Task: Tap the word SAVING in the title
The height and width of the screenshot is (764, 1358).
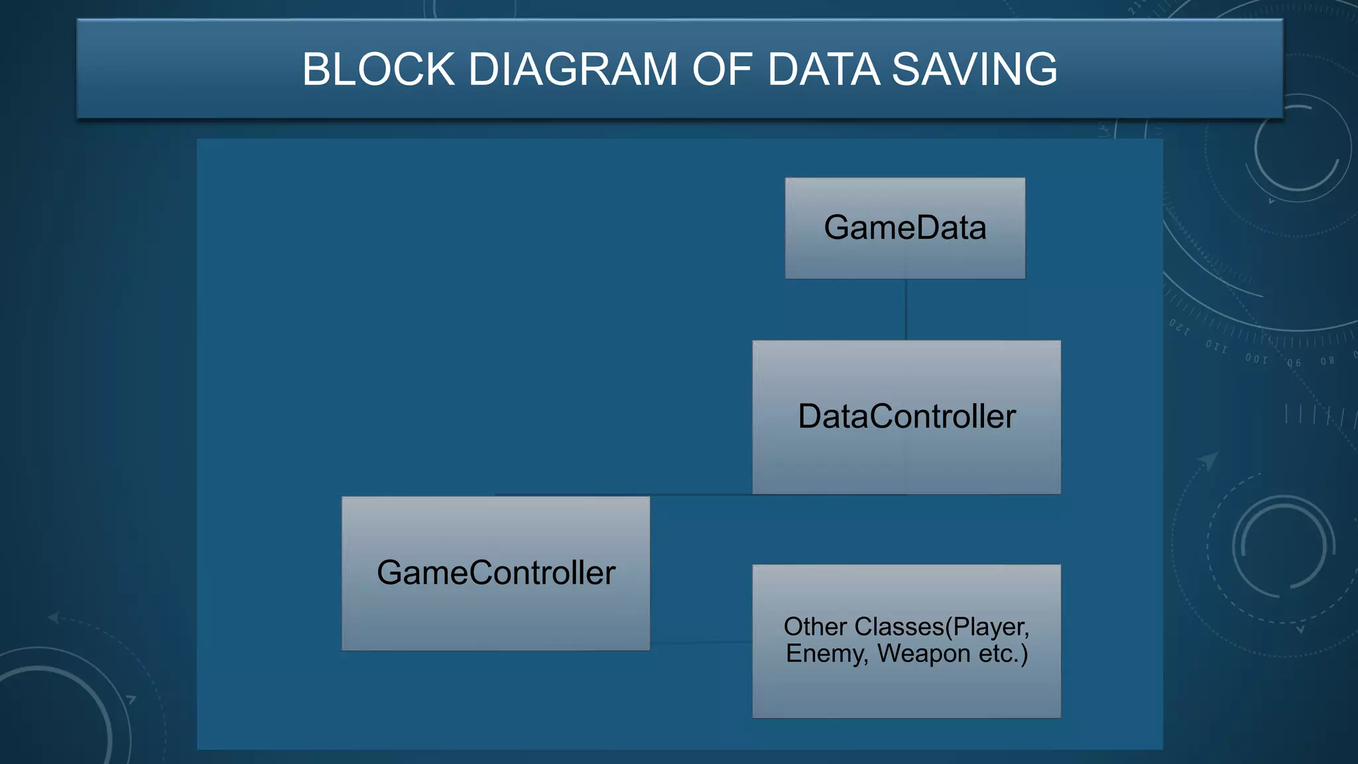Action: (x=974, y=69)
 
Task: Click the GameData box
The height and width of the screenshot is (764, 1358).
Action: (x=905, y=227)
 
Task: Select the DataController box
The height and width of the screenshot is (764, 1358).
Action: (x=906, y=417)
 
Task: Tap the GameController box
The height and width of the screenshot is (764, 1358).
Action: (x=495, y=573)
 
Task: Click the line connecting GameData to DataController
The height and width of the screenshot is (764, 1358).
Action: (x=906, y=309)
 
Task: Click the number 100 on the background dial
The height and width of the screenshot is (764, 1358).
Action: (x=1256, y=359)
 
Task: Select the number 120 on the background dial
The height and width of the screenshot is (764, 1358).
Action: (x=1180, y=326)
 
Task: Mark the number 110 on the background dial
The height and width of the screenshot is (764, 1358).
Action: (x=1216, y=346)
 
